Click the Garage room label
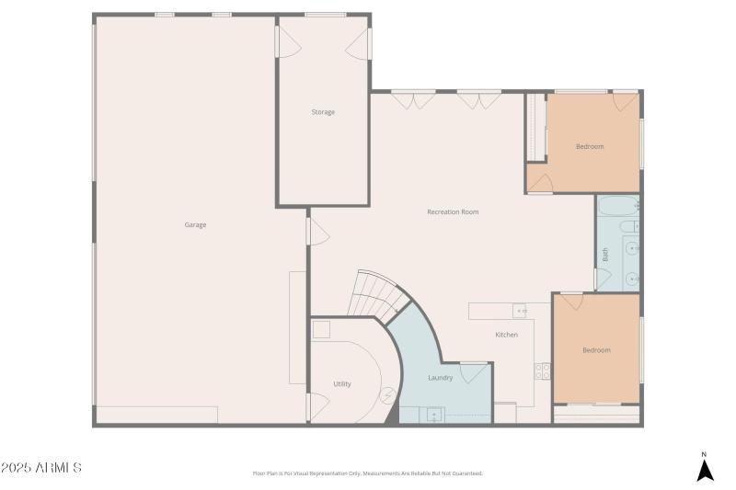pyautogui.click(x=195, y=225)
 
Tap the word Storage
pyautogui.click(x=323, y=112)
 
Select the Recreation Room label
pyautogui.click(x=453, y=212)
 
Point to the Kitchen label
pyautogui.click(x=506, y=335)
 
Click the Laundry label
pyautogui.click(x=441, y=378)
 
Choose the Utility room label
pyautogui.click(x=342, y=384)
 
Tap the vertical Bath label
pyautogui.click(x=605, y=256)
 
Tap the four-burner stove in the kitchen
pyautogui.click(x=543, y=371)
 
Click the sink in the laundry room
pyautogui.click(x=433, y=416)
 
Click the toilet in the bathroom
pyautogui.click(x=628, y=226)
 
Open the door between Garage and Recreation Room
pyautogui.click(x=316, y=230)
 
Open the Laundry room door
pyautogui.click(x=473, y=371)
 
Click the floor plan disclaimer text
pyautogui.click(x=367, y=473)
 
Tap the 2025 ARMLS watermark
pyautogui.click(x=42, y=468)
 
